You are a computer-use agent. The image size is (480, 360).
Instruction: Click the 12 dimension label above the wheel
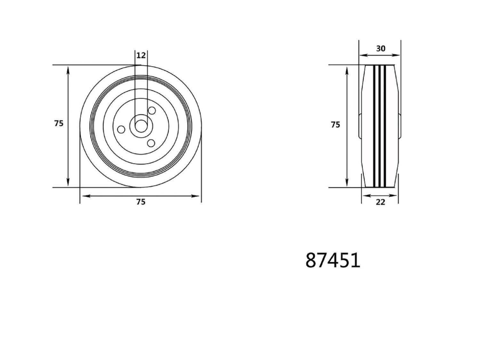[141, 55]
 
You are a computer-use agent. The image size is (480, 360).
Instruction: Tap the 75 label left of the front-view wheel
[59, 124]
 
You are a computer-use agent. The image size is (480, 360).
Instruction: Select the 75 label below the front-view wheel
[141, 202]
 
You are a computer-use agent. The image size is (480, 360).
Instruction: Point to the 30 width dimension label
[381, 49]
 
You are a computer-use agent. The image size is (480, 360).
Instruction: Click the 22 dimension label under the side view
[380, 202]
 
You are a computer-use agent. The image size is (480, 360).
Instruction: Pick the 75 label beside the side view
[335, 124]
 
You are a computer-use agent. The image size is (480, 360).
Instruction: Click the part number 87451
[332, 260]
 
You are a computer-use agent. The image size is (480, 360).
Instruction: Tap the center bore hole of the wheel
[141, 126]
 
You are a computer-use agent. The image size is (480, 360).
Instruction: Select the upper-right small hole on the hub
[152, 111]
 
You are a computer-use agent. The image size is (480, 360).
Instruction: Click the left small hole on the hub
[121, 130]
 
